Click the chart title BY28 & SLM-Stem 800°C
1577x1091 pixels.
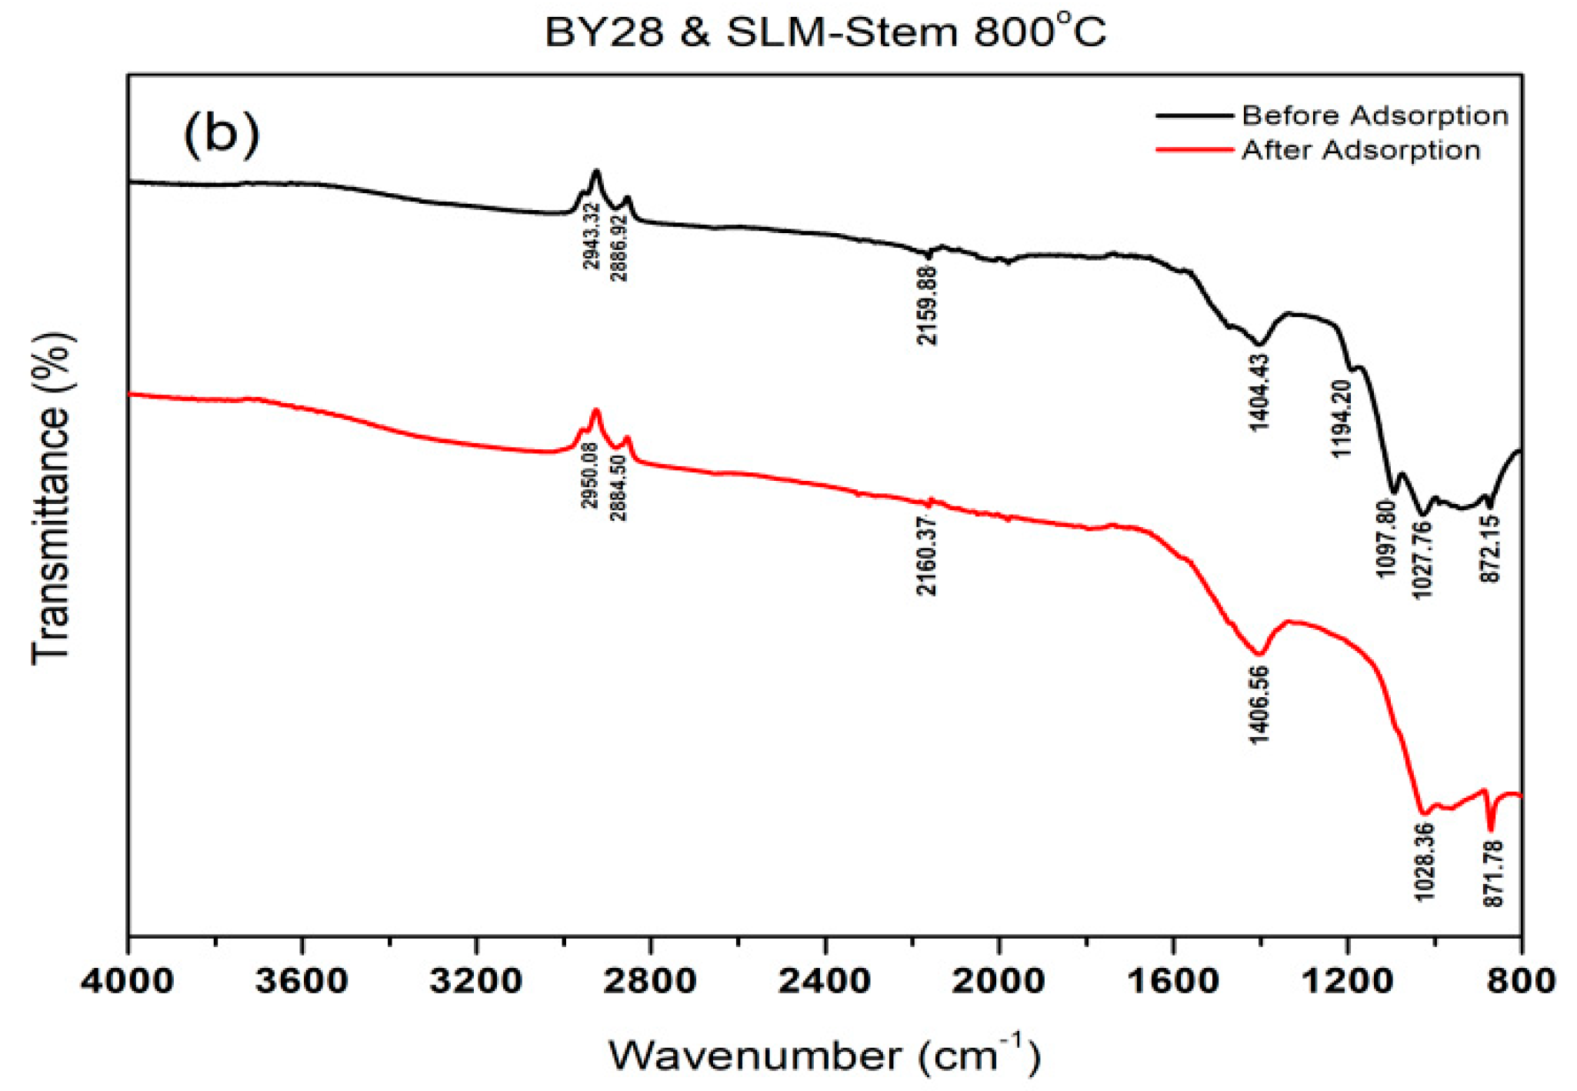pos(825,33)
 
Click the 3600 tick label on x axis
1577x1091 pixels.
pos(302,981)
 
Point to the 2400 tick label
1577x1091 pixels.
pos(825,981)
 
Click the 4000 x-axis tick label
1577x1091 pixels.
pos(128,981)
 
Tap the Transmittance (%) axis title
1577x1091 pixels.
pos(52,498)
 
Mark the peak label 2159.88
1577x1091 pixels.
pos(928,305)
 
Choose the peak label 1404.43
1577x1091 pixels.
pos(1259,392)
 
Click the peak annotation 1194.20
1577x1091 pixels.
pos(1341,418)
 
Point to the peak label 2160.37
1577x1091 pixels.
pos(927,555)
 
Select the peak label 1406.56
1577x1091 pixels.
pos(1259,705)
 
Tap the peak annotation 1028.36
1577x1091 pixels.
pos(1424,862)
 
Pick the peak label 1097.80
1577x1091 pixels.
pos(1385,538)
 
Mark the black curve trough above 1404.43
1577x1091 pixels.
pos(1259,344)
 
